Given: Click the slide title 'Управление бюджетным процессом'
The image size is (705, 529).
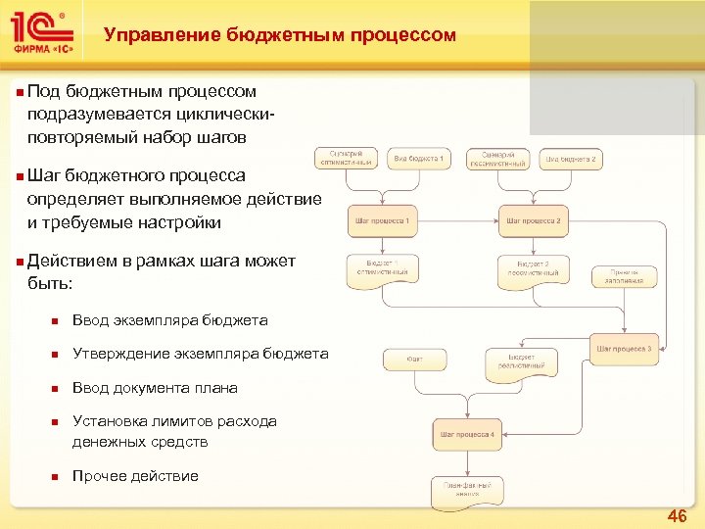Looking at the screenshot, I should point(280,35).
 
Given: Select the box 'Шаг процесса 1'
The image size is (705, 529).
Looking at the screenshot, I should point(383,221).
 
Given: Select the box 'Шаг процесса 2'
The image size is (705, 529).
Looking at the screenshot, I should point(533,221).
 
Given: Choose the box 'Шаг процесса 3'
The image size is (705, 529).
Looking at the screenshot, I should point(625,349).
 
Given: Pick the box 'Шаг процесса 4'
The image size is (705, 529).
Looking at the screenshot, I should point(467,433).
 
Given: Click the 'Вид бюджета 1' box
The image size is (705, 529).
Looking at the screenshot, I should point(419,159).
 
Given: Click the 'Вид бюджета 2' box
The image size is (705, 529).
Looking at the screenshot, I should point(571,159).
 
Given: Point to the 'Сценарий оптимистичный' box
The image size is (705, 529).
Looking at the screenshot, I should point(346,159).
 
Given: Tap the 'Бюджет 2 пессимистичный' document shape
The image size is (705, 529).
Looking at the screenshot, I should point(533,268).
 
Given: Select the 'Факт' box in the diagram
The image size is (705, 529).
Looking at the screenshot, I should point(415,361).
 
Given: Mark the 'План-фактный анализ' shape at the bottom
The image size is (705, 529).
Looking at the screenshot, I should point(467,488).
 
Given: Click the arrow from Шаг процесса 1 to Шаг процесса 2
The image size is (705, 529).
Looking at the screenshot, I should point(458,221).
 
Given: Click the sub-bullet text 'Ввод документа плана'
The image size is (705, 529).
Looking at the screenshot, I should point(155,388).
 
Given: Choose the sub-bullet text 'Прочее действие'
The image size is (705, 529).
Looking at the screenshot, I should point(135,476).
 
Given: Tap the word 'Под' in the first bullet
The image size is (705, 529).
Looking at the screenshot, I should point(43,91).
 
